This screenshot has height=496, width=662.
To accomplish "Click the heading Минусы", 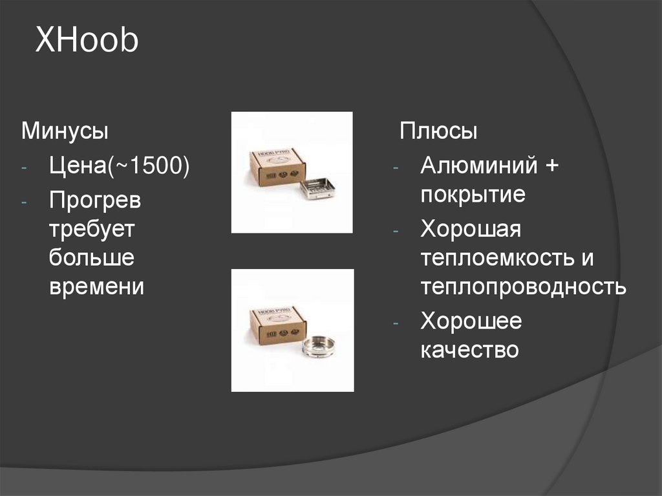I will click(65, 131).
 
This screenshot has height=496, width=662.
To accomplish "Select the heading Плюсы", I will click(438, 131).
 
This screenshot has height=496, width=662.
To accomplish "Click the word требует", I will click(91, 228).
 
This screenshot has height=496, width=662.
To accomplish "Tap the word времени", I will click(96, 286).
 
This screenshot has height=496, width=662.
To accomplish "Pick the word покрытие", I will click(473, 195).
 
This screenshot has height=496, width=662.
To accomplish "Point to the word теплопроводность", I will click(523, 286).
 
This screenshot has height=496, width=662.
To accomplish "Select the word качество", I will click(469, 350).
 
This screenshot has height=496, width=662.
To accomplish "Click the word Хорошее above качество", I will click(471, 321).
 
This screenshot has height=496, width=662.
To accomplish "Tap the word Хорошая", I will click(471, 229).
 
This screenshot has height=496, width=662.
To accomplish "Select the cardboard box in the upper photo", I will click(277, 167).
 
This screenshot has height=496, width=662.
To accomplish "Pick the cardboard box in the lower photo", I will click(277, 325).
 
